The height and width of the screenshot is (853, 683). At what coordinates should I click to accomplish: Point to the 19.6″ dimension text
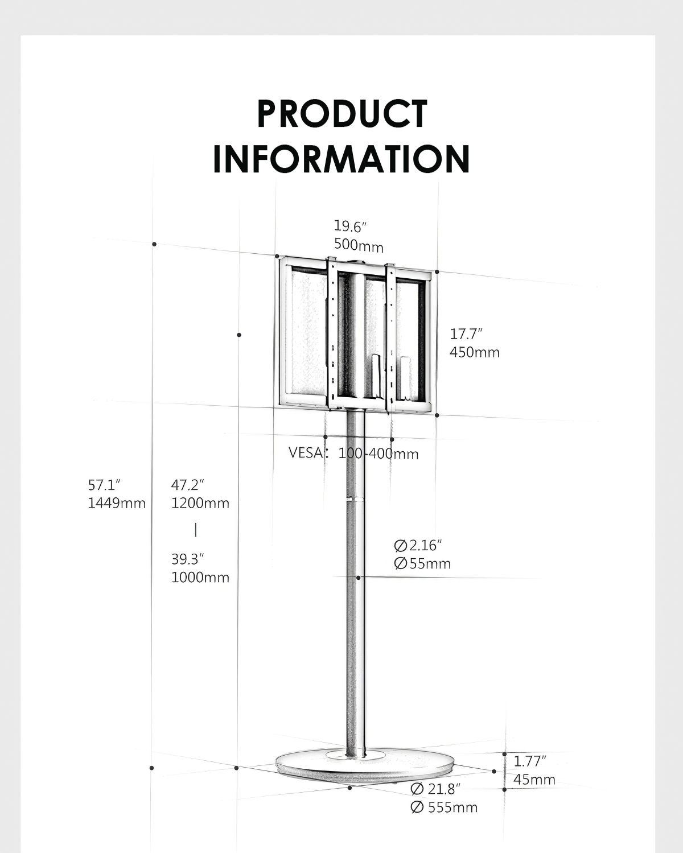tap(350, 226)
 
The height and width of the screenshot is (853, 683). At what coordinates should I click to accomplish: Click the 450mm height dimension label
tap(475, 352)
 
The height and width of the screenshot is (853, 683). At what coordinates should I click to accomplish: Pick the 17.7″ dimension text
tap(466, 334)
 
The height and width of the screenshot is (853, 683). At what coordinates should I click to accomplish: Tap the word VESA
tap(305, 452)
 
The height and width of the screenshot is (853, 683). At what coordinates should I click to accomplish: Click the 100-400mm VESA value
tap(378, 454)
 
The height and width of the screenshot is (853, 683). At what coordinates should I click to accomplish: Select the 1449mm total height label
tap(117, 503)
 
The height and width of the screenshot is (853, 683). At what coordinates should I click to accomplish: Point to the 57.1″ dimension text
tap(104, 485)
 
